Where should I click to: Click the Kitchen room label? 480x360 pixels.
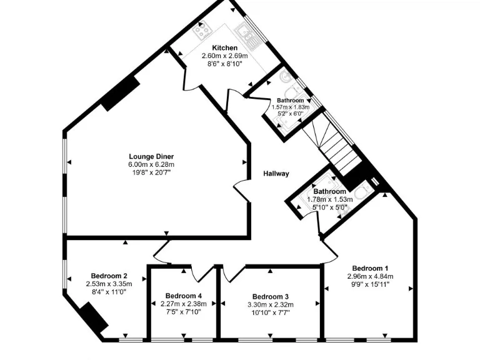tap(224, 48)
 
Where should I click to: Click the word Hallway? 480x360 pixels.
tap(276, 174)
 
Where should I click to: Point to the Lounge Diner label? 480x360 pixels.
tap(151, 156)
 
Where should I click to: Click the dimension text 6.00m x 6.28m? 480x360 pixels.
tap(151, 164)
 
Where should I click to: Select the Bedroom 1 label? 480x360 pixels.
tap(370, 268)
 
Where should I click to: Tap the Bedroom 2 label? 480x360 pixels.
tap(109, 276)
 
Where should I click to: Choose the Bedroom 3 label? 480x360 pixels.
tap(271, 296)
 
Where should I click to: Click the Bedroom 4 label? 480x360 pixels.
tap(184, 296)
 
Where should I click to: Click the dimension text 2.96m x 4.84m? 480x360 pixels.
tap(370, 276)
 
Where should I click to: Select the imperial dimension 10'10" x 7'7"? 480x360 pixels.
tap(271, 312)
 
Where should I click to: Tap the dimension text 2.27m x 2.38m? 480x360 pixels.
tap(184, 304)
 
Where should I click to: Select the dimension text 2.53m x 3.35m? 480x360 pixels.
tap(109, 284)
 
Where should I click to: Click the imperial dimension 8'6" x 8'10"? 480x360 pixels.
tap(224, 64)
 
